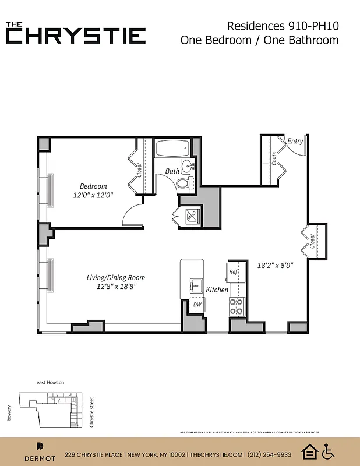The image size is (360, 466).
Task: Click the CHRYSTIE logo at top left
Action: coord(76,33)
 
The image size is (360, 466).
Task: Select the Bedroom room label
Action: coord(93,186)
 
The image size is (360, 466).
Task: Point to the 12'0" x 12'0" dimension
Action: coord(93,196)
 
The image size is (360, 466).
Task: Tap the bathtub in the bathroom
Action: coord(172,149)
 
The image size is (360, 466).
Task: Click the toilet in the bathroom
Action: coord(183,184)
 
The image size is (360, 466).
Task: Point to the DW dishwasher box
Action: coord(197,304)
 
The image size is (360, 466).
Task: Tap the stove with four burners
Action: coord(237,307)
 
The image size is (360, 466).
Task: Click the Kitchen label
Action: coord(217,290)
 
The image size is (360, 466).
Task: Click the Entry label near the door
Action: coord(295,141)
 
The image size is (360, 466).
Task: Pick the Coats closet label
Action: coord(274,158)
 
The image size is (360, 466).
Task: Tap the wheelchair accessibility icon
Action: coord(329,451)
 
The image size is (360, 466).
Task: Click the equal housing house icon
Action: coord(309,451)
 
